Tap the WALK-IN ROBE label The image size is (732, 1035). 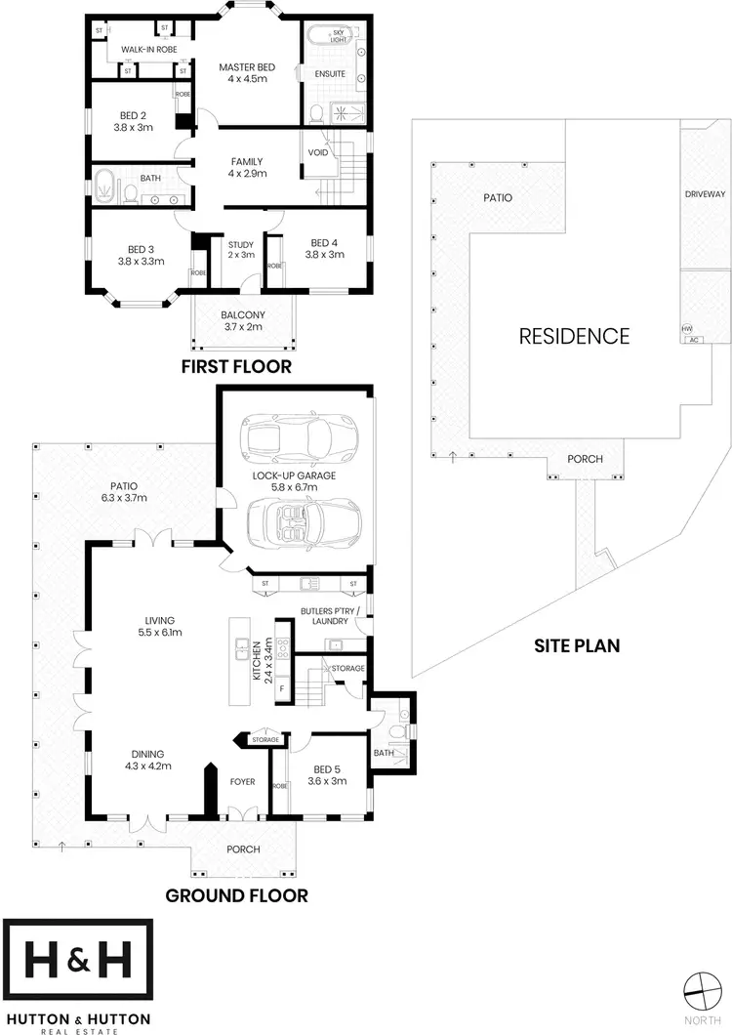tap(146, 49)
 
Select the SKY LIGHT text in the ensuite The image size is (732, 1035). tap(339, 36)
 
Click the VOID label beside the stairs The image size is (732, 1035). tap(317, 152)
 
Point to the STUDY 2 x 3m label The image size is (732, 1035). tap(240, 249)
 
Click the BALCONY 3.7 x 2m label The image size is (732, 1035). tap(243, 321)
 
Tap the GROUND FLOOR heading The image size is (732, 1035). tap(236, 894)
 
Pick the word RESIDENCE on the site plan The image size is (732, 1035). tap(574, 337)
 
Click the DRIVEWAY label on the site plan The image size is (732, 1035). tap(705, 194)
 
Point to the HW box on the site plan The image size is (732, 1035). tap(686, 329)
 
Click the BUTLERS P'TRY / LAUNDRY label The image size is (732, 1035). tap(330, 615)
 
